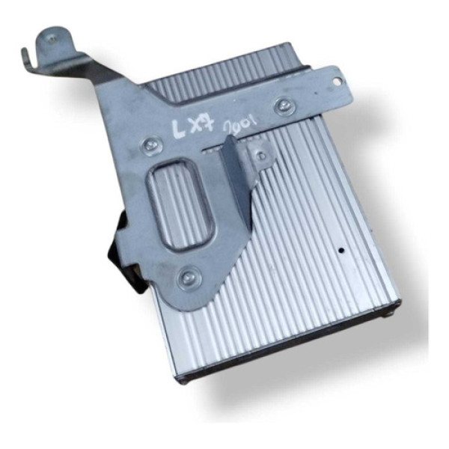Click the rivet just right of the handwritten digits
pos(284,105)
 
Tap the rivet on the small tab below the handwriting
pos(260,153)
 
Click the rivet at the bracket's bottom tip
pos(186,279)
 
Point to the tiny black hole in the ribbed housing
pos(340,251)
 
